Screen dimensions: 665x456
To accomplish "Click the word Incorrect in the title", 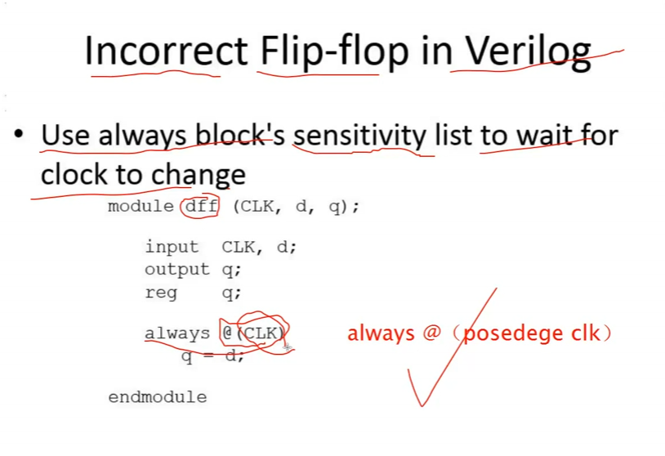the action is [x=167, y=50].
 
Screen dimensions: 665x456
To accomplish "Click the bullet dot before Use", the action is [x=19, y=134].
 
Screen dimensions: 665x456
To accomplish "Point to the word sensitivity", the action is [x=359, y=136].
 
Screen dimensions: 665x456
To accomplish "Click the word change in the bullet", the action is [x=199, y=175].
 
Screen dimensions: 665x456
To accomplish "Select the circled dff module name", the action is [x=202, y=207].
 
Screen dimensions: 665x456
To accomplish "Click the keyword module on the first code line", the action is [x=141, y=207].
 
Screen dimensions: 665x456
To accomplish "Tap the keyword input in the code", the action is [x=172, y=248].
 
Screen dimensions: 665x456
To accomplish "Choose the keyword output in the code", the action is [x=177, y=270].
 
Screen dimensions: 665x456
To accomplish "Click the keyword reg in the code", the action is [x=161, y=293].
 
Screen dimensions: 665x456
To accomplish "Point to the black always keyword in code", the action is [x=177, y=334].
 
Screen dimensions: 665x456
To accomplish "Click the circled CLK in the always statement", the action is [x=261, y=333].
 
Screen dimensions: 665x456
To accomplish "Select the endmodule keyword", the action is [x=158, y=397].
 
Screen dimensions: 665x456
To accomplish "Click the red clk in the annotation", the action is [x=586, y=334].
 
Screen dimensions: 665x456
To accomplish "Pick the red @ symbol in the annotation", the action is [x=431, y=333].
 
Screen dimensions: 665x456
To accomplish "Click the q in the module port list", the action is [x=334, y=208].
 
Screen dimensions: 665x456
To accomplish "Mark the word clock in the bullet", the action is [x=74, y=174].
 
